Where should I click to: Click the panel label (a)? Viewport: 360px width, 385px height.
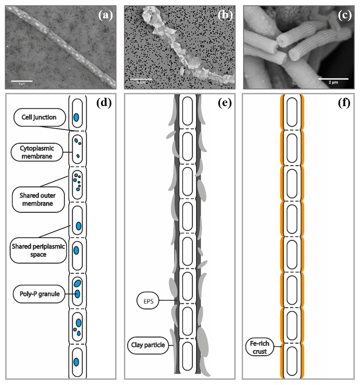tap(106, 15)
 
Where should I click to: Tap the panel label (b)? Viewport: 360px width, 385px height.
tap(225, 15)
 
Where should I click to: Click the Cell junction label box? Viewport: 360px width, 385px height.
tap(39, 117)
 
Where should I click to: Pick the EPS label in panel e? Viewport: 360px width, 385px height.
tap(148, 301)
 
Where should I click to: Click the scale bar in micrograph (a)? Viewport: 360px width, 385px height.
tap(21, 82)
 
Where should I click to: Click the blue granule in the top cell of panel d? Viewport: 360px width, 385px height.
tap(76, 118)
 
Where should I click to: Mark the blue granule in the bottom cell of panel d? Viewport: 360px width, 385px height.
tap(76, 363)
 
